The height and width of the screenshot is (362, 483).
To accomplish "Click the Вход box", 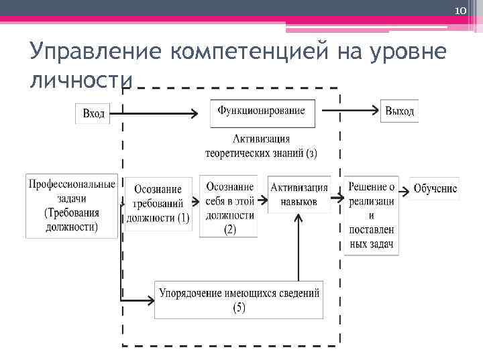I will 93,113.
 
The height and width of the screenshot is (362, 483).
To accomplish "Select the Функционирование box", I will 262,112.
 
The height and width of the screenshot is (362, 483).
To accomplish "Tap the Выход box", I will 399,111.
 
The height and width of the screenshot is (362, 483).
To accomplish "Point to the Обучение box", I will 435,190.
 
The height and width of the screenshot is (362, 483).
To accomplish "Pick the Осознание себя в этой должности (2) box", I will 229,207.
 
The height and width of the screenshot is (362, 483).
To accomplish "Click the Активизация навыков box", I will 299,194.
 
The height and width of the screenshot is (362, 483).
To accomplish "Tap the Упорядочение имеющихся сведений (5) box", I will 239,299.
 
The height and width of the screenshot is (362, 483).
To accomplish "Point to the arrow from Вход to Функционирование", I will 154,113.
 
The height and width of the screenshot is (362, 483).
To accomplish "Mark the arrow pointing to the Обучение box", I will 405,190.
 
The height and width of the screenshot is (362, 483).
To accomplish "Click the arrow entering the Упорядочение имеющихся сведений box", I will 138,298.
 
